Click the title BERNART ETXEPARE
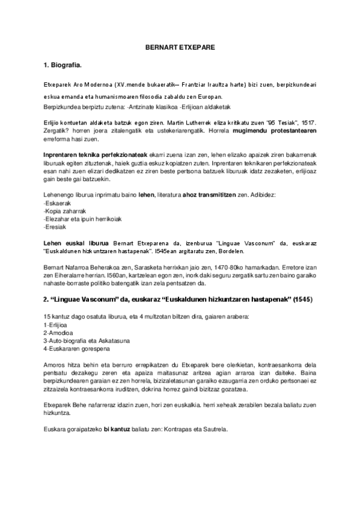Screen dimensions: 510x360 click(x=180, y=46)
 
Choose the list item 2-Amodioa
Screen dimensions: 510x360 click(x=59, y=333)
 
